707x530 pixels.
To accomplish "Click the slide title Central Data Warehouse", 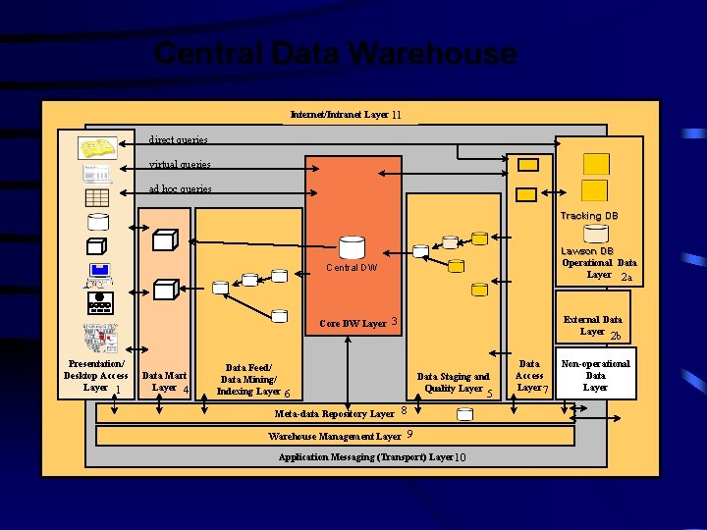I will [x=334, y=54].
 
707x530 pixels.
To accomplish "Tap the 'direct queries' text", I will [x=178, y=140].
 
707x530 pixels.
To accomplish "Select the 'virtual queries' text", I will [x=180, y=165].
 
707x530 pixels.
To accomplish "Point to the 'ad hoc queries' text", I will [x=181, y=188].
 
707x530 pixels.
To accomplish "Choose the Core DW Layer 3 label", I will [x=358, y=323].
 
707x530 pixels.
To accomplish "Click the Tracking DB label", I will [x=589, y=216].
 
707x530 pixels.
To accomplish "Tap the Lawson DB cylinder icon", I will [x=596, y=235].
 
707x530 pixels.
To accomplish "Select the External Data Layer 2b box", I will [x=599, y=326].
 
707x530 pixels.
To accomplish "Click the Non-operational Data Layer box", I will [x=595, y=375].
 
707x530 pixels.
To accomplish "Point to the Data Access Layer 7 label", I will [x=530, y=376].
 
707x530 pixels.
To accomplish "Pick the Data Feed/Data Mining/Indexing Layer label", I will [x=249, y=380].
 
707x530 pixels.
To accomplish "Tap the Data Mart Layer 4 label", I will [x=165, y=382].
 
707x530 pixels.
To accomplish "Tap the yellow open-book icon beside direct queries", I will [x=98, y=148].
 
